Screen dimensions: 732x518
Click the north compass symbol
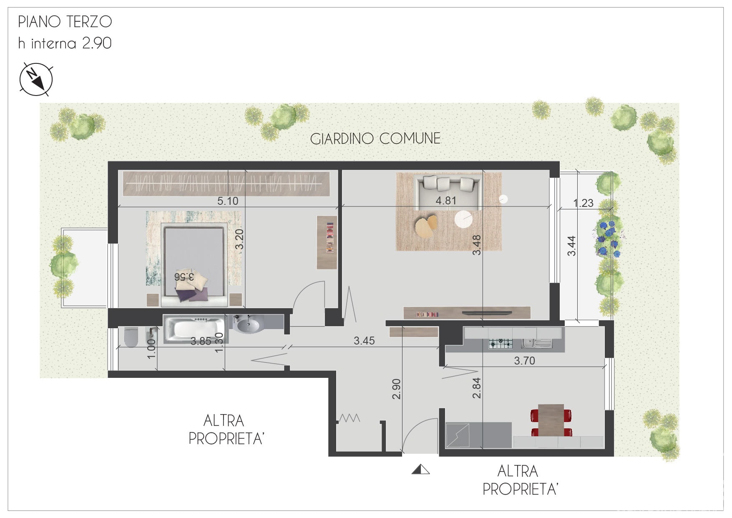coord(36,79)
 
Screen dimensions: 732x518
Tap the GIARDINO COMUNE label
coord(375,138)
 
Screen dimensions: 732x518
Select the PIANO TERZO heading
coord(65,22)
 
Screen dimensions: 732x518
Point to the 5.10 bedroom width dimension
coord(228,201)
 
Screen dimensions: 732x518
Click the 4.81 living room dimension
coord(446,201)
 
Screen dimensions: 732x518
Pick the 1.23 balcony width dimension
coord(583,203)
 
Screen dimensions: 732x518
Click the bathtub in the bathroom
coord(194,329)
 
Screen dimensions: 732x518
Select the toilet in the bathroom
coord(131,337)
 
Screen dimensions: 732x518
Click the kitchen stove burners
coord(501,344)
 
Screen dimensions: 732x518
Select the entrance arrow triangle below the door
coord(420,470)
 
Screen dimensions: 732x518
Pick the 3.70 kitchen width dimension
coord(524,361)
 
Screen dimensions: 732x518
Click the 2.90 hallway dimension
coord(397,389)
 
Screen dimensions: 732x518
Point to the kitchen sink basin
coord(536,343)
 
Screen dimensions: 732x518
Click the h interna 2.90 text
coord(65,43)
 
